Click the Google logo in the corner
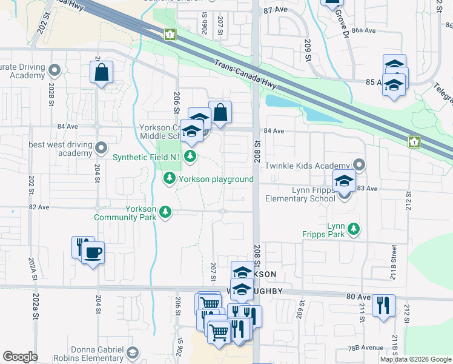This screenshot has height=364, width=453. click(x=20, y=357)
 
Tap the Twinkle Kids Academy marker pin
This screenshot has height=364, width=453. click(x=360, y=165)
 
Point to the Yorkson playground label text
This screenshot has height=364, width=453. click(x=216, y=179)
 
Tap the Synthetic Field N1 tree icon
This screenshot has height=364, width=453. click(x=191, y=157)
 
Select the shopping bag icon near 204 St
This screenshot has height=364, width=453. click(x=101, y=72)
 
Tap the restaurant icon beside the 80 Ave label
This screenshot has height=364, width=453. click(x=383, y=305)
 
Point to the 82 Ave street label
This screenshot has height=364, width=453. click(x=39, y=207)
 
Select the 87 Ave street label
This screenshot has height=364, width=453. click(x=275, y=11)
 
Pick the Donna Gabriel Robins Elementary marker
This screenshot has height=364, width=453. click(x=133, y=352)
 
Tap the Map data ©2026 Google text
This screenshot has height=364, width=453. click(x=415, y=359)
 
